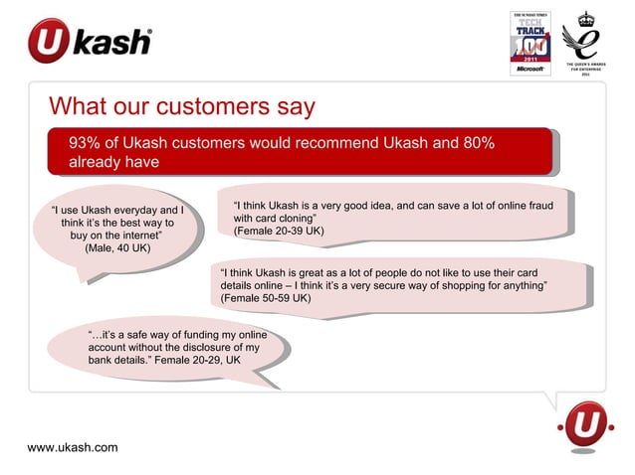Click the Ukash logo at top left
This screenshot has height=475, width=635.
90,42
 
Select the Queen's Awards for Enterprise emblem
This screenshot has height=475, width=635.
589,45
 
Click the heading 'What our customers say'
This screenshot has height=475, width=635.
182,105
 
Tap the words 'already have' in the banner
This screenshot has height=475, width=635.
114,162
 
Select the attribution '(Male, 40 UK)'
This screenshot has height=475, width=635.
118,248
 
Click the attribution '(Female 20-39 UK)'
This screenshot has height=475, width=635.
278,231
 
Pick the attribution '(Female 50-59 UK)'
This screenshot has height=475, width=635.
266,298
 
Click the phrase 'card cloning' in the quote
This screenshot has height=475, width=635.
286,218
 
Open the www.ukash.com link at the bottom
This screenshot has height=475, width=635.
72,447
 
